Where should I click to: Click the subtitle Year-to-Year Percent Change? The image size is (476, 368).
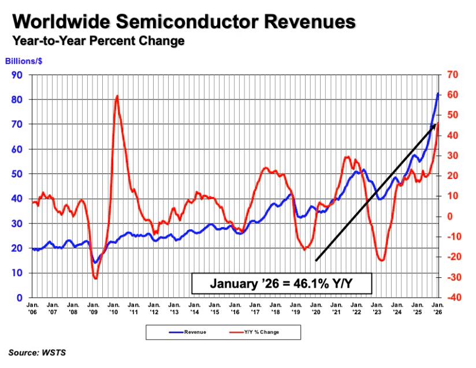point(95,41)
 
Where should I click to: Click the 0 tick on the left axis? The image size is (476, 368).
point(19,298)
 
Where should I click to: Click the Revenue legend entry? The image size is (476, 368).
point(187,332)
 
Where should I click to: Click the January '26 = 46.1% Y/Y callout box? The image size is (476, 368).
point(282,284)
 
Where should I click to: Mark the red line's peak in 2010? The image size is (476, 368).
point(117,96)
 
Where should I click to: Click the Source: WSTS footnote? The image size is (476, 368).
point(36,352)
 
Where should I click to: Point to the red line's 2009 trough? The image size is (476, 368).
point(95,278)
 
